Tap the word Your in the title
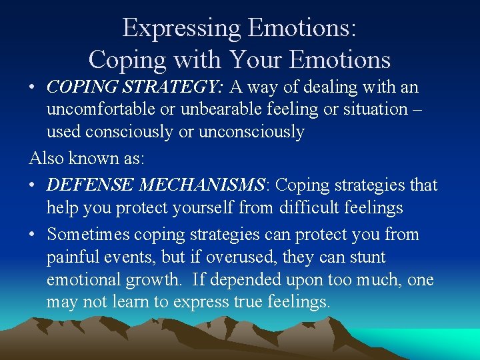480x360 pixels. pos(259,59)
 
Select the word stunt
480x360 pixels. pos(365,257)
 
